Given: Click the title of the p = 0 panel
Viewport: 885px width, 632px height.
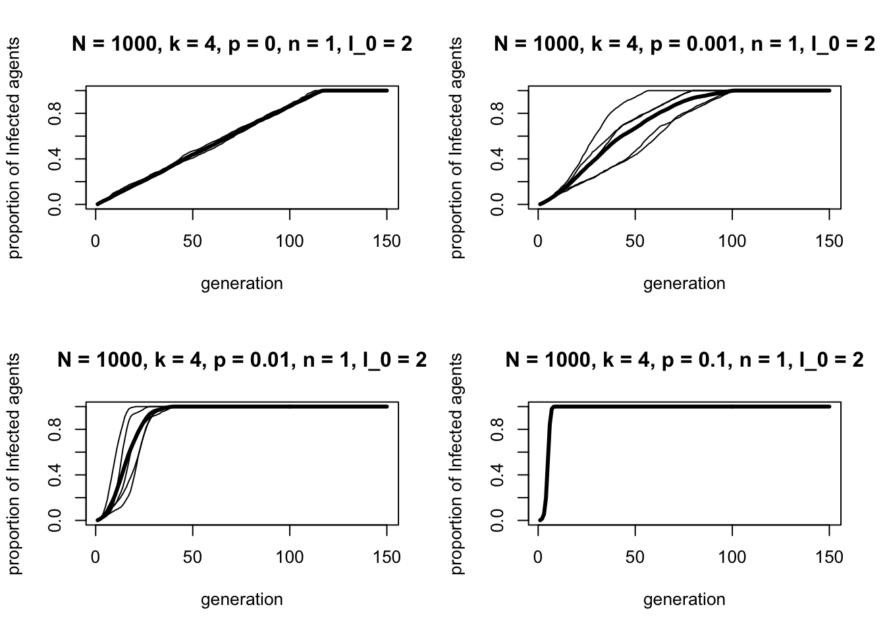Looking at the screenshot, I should pos(242,44).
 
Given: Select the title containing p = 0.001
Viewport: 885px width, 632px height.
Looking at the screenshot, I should pos(684,44).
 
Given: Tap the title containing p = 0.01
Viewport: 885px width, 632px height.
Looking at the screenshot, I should pos(242,360).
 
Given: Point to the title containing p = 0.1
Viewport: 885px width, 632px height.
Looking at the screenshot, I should pos(684,360).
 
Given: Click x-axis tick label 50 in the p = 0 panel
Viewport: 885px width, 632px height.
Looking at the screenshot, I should pos(192,242).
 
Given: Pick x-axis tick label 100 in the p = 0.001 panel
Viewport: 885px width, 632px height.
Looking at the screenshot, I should pos(732,242).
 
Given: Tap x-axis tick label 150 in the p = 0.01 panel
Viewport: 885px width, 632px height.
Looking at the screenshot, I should pos(387,558).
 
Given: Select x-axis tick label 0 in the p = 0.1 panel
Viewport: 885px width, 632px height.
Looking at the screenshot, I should pos(538,558).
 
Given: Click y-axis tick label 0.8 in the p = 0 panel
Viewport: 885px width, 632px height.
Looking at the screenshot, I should pos(55,113).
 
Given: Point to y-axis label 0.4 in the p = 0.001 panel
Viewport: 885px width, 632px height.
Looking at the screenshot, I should pos(498,159).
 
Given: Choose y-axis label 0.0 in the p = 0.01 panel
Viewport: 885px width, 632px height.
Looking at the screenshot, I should pos(55,520).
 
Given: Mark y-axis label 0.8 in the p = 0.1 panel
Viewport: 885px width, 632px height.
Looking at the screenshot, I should pos(498,429).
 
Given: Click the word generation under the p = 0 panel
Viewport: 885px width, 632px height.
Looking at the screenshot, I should pos(242,284).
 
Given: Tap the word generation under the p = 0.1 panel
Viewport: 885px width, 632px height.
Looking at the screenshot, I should pos(684,600).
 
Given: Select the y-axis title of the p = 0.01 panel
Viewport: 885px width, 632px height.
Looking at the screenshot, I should pos(14,463).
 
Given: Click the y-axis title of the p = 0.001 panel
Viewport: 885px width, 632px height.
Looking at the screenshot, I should pos(457,147).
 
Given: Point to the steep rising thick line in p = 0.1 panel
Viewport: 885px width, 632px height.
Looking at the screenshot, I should pos(548,461).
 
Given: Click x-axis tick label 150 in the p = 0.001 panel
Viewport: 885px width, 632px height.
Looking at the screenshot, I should pos(829,242).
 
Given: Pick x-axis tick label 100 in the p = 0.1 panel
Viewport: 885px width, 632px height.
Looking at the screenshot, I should pos(732,558).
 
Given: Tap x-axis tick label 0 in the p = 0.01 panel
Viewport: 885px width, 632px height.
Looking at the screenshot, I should pos(95,558).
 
